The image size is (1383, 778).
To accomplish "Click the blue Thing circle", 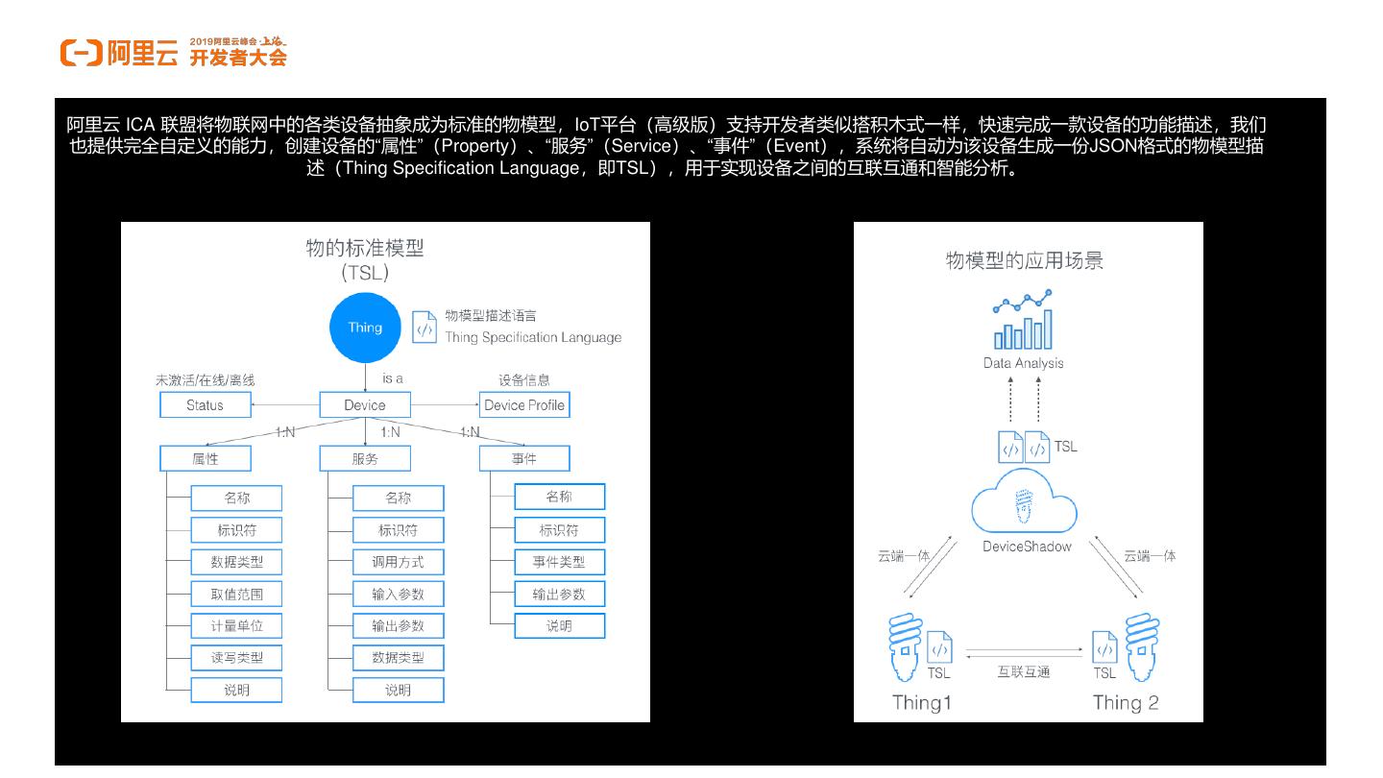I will coord(365,328).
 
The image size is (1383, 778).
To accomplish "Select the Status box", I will coord(205,405).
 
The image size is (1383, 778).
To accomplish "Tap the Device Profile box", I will coord(524,405).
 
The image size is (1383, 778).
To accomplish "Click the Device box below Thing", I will coord(365,405).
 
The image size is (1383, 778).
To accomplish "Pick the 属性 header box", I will coord(205,459).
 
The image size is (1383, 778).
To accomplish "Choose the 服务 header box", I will coord(365,459).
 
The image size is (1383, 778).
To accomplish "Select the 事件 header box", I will coord(524,459).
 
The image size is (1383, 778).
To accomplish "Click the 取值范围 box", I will coord(236,594).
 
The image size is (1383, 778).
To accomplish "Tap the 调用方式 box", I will coord(398,562).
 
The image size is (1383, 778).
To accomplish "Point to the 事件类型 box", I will coord(559,562).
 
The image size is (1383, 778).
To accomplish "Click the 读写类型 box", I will coord(236,658).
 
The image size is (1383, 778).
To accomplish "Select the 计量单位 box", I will coord(236,625).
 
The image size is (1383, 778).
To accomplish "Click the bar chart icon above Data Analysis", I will coord(1023,323).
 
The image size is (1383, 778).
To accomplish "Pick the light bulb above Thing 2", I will coord(1142,645).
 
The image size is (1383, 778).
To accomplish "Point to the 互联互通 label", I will coord(1024,671).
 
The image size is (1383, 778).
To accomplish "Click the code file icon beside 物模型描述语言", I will coord(424,327).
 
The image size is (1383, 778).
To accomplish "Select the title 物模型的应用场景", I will coord(1024,261).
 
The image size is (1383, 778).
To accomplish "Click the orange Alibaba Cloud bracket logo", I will coord(81,54).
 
